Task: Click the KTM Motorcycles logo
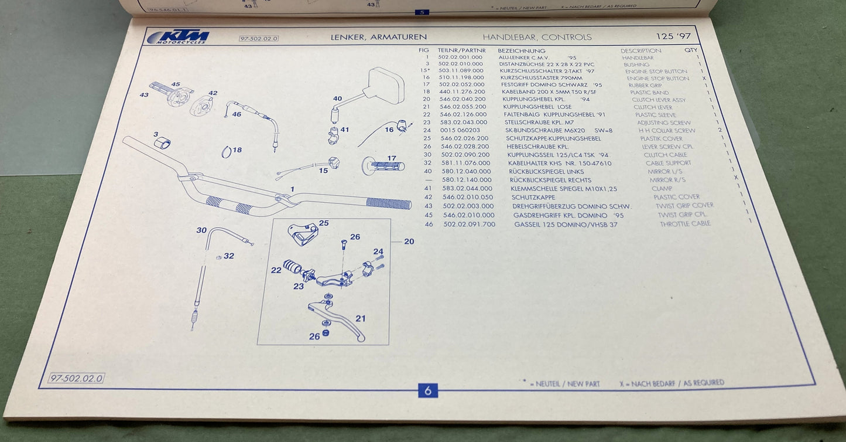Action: (x=178, y=37)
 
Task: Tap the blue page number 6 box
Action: (x=427, y=390)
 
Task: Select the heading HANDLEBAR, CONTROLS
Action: (x=537, y=37)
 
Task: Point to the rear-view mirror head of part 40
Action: (x=384, y=86)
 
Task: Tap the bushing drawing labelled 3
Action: (x=163, y=144)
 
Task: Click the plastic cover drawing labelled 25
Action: (x=303, y=234)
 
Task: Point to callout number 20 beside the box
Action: (x=409, y=241)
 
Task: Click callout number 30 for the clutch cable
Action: (x=201, y=230)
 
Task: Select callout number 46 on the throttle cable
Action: (x=236, y=114)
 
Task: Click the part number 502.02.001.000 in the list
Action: (x=460, y=57)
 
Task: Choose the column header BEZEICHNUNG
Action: (x=522, y=51)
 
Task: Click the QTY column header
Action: (x=691, y=50)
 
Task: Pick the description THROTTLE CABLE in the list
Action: (x=685, y=223)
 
